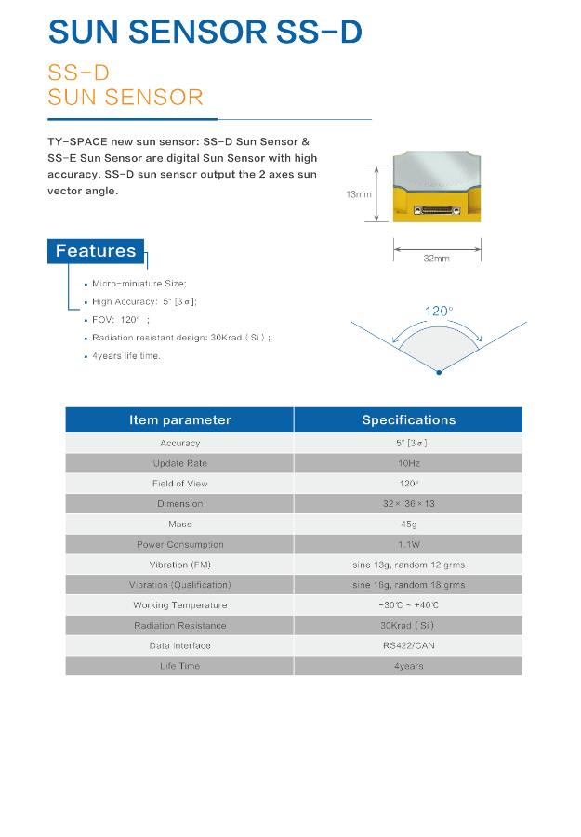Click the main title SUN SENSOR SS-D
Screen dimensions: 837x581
pos(205,33)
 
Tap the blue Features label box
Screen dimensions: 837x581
pos(96,251)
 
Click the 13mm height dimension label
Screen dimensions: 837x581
pos(358,194)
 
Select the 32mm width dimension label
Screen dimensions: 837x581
pos(436,258)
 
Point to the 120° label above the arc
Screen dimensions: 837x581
pos(439,312)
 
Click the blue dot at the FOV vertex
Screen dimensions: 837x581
pos(439,372)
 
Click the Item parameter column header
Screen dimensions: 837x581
pos(179,420)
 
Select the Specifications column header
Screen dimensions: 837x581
pos(408,420)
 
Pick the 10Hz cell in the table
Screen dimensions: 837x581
pos(408,463)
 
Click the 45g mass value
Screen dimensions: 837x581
pos(408,525)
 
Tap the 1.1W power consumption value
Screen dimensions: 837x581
pos(408,544)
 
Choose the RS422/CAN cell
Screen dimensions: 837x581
pos(408,645)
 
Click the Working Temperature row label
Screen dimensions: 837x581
pos(179,605)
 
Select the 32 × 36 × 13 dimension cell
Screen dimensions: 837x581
pos(408,504)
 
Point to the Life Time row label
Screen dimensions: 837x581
pos(179,666)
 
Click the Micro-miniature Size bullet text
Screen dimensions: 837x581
pos(139,284)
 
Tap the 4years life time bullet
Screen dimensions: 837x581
pos(126,356)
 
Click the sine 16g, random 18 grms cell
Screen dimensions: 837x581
pos(408,585)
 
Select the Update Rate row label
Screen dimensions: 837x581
pos(179,463)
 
